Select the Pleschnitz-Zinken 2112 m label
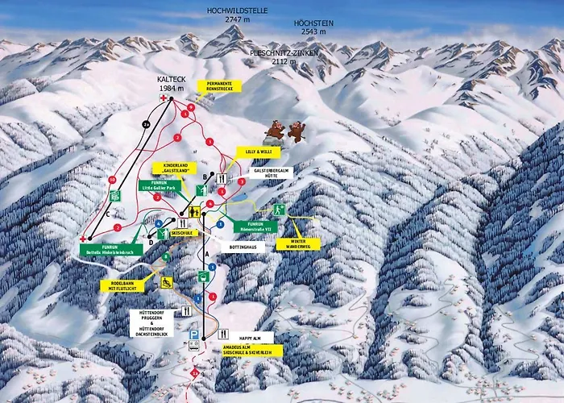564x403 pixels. pyautogui.click(x=284, y=56)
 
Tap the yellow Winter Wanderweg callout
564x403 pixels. pyautogui.click(x=297, y=243)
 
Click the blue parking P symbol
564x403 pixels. pyautogui.click(x=194, y=333)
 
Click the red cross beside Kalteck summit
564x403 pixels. pyautogui.click(x=164, y=98)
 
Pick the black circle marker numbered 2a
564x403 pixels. pyautogui.click(x=145, y=123)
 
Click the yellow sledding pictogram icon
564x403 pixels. pyautogui.click(x=167, y=283)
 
